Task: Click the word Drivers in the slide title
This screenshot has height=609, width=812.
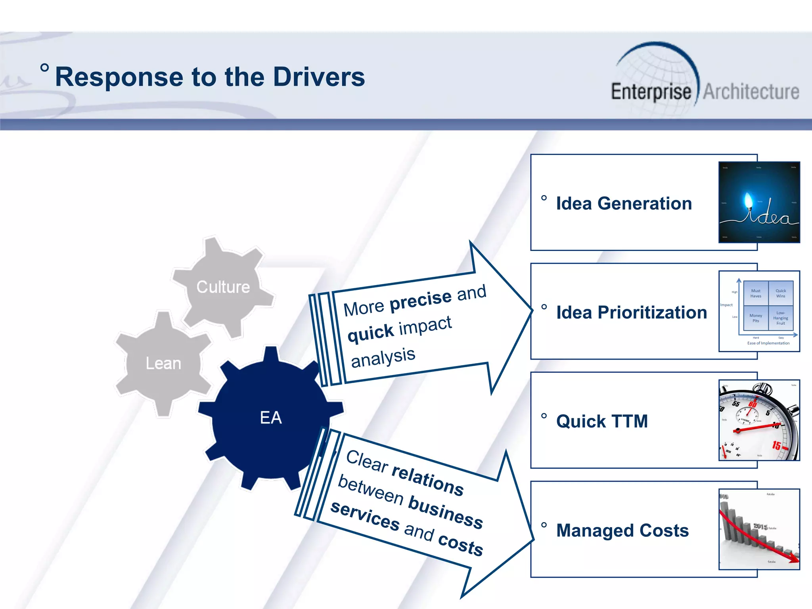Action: pyautogui.click(x=319, y=77)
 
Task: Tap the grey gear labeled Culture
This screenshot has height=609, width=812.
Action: pyautogui.click(x=223, y=287)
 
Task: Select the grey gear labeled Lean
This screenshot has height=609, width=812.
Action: pyautogui.click(x=163, y=364)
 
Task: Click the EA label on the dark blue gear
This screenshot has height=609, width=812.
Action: pyautogui.click(x=271, y=417)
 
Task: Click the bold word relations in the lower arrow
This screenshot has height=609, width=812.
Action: pyautogui.click(x=427, y=480)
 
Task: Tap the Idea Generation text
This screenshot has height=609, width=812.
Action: pyautogui.click(x=624, y=203)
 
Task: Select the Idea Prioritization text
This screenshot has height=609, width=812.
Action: pyautogui.click(x=631, y=312)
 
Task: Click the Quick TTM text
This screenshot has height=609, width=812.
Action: pyautogui.click(x=602, y=421)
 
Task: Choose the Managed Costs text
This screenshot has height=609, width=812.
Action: pyautogui.click(x=622, y=530)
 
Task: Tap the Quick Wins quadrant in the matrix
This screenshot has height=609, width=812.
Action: pyautogui.click(x=780, y=293)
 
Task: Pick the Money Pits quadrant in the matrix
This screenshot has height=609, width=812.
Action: pyautogui.click(x=756, y=318)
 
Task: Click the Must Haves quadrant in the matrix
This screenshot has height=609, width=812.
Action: pyautogui.click(x=756, y=293)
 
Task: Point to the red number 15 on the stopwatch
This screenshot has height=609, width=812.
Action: pyautogui.click(x=776, y=446)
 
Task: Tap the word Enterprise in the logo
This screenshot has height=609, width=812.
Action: pyautogui.click(x=651, y=92)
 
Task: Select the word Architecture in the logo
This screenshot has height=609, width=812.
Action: pyautogui.click(x=751, y=92)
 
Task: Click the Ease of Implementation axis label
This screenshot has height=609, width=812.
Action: pyautogui.click(x=768, y=343)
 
